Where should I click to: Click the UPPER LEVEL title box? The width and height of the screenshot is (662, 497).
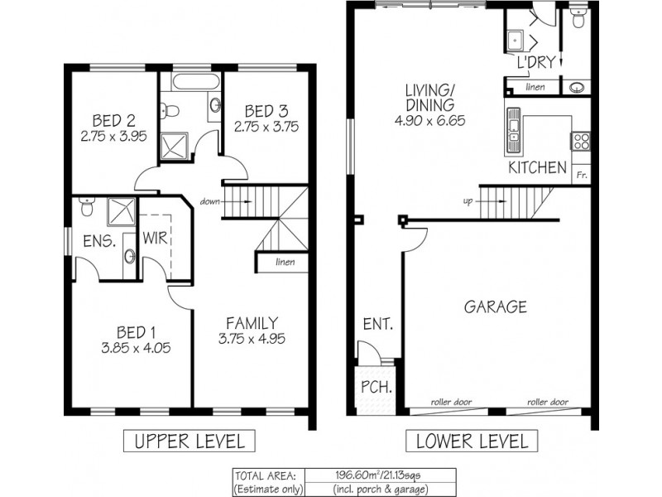click(x=189, y=441)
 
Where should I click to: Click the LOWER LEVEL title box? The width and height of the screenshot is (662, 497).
click(x=472, y=441)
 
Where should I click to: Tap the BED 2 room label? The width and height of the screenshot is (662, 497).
click(x=113, y=121)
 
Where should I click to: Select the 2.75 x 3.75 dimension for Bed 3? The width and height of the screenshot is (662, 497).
click(x=266, y=127)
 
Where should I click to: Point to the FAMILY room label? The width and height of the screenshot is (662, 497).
click(x=252, y=323)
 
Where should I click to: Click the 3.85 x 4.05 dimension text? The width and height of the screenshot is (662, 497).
click(x=136, y=348)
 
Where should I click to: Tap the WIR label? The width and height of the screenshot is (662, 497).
click(x=156, y=238)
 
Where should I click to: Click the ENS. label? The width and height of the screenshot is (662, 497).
click(x=99, y=241)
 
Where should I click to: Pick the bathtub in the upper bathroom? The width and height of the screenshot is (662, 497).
click(x=196, y=81)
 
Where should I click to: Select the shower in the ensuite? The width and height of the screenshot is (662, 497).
click(x=121, y=211)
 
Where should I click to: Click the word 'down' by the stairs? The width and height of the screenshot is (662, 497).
click(x=210, y=201)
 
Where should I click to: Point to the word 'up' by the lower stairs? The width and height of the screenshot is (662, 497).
click(x=468, y=201)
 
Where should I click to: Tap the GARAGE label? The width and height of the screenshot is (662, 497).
click(x=495, y=306)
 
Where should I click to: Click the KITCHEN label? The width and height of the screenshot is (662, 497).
click(x=537, y=167)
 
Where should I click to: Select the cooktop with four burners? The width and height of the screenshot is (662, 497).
click(x=581, y=141)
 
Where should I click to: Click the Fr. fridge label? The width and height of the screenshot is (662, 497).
click(x=582, y=175)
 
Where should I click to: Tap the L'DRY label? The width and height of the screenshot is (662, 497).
click(x=535, y=62)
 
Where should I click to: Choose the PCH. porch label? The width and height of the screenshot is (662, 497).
click(x=377, y=387)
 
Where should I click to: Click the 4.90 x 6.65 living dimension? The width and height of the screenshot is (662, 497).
click(x=429, y=121)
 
